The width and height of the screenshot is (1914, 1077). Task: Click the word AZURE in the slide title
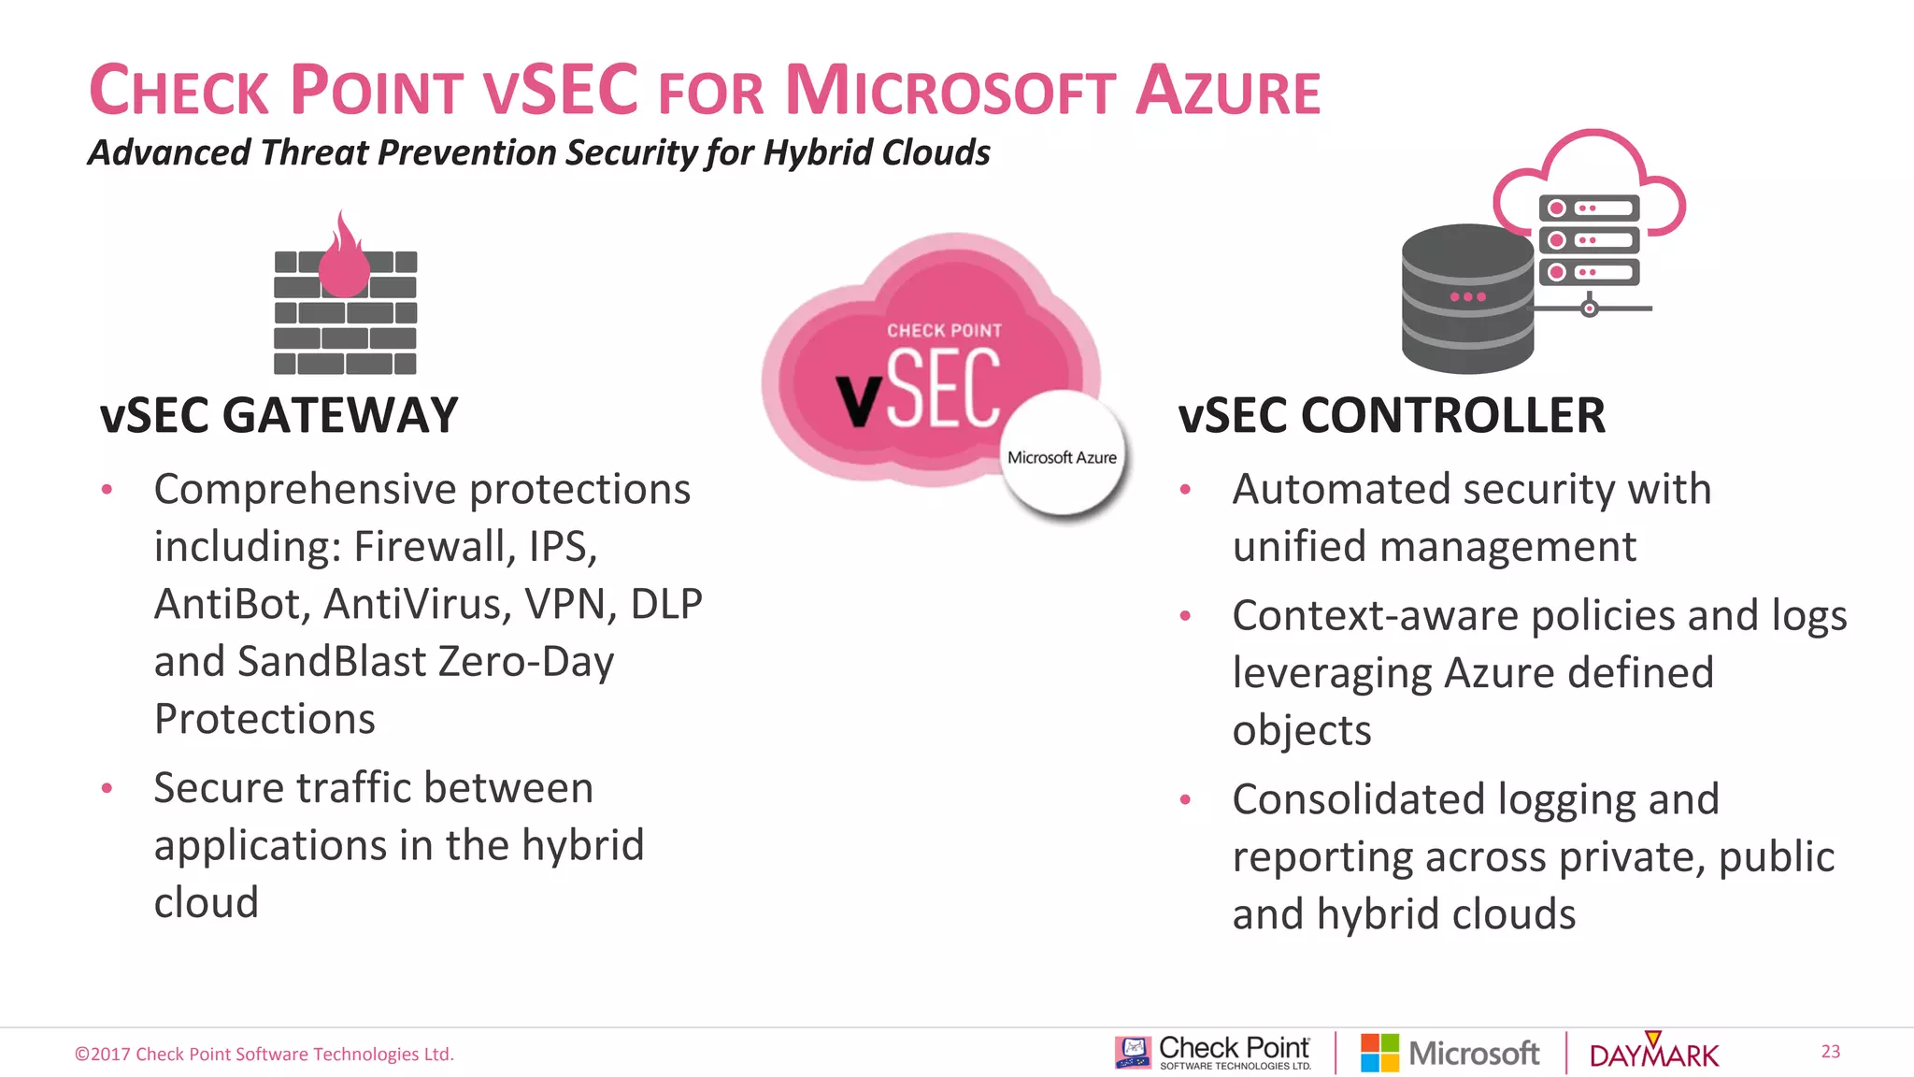point(1227,92)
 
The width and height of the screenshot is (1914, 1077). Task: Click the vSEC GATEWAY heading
point(279,415)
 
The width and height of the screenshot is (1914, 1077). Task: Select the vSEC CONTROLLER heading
point(1391,415)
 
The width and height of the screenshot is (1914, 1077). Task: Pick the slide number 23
point(1830,1052)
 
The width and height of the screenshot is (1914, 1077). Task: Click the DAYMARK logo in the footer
point(1653,1054)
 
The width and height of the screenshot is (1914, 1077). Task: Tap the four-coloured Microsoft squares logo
point(1379,1053)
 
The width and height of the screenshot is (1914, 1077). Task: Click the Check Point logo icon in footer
point(1133,1052)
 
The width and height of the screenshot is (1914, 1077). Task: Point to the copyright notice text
point(264,1055)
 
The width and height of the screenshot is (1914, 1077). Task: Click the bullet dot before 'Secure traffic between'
point(107,788)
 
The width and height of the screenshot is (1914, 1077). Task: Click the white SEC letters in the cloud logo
point(944,389)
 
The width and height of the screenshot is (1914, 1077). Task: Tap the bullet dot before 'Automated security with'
point(1185,490)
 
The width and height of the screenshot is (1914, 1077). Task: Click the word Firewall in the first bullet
point(434,547)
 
